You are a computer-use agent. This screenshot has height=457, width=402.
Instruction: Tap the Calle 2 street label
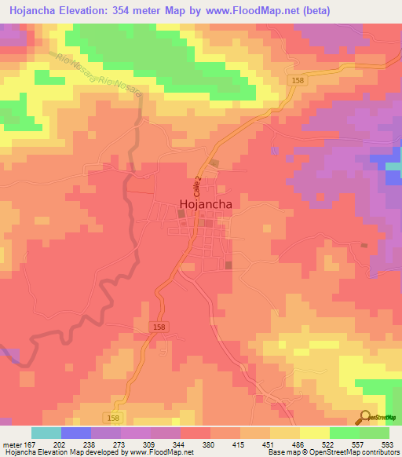[198, 186]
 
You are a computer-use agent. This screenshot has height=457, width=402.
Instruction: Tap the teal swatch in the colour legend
[46, 433]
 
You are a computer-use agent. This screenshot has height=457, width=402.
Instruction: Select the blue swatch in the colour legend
[76, 433]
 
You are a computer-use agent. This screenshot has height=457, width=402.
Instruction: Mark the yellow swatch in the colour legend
[315, 433]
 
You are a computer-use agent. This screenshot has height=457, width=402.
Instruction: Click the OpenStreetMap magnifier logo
[365, 417]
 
